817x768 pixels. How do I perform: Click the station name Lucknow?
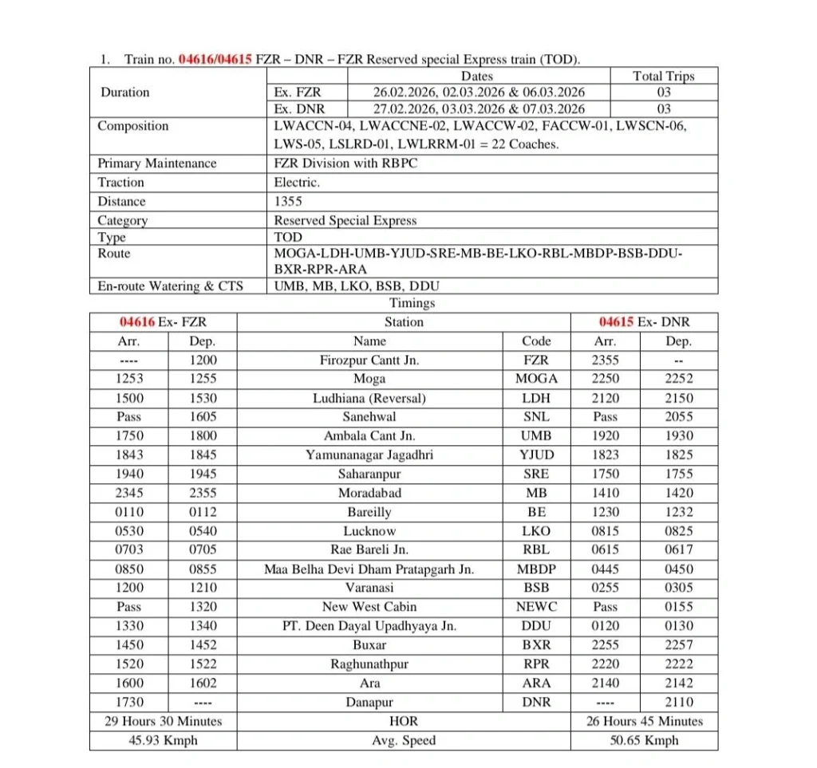(x=369, y=531)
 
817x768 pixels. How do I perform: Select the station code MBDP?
(x=536, y=569)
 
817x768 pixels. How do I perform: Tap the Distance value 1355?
(x=288, y=202)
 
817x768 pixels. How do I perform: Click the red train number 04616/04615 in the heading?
(x=215, y=59)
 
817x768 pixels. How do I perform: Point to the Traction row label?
(x=121, y=183)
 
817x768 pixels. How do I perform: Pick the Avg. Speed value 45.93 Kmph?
(x=163, y=740)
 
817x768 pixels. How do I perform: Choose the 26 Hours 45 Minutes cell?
(x=644, y=721)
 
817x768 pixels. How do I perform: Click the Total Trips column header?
(x=663, y=77)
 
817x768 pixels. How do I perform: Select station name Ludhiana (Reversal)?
(x=369, y=398)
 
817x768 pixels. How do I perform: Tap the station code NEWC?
(x=536, y=607)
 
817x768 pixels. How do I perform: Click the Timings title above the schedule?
(x=412, y=303)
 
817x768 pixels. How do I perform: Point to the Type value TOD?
(x=288, y=237)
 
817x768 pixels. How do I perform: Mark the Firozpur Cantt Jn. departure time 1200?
(x=203, y=360)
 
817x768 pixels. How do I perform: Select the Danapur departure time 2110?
(x=679, y=703)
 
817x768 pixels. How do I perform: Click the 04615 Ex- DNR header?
(x=644, y=322)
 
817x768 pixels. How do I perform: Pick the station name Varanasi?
(x=369, y=588)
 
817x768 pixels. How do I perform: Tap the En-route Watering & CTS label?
(x=170, y=286)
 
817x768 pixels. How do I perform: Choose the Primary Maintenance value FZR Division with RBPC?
(x=345, y=163)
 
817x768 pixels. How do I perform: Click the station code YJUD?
(x=536, y=455)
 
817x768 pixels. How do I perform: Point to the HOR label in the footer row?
(x=404, y=721)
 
